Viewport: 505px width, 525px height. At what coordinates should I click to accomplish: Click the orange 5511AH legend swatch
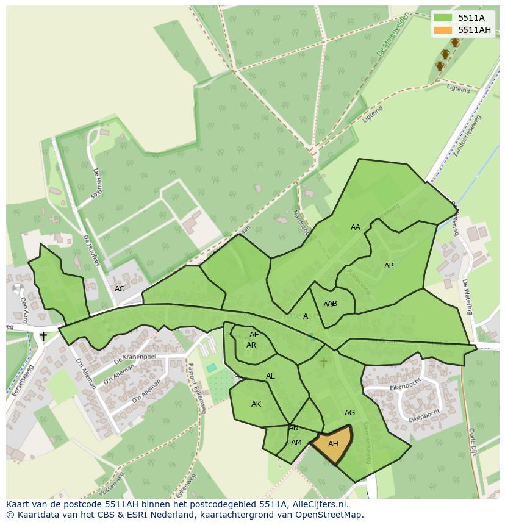(443, 30)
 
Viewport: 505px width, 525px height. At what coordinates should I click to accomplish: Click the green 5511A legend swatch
(443, 18)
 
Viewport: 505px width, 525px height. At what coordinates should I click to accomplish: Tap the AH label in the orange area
(333, 444)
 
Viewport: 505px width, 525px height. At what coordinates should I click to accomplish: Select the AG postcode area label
(349, 413)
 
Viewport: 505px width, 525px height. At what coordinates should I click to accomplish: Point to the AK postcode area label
(256, 404)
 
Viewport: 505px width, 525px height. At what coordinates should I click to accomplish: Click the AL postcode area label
(270, 376)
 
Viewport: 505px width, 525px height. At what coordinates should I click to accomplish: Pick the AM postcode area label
(296, 443)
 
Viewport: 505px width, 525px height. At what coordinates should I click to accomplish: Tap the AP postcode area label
(389, 266)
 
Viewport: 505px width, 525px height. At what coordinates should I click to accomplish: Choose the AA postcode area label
(356, 227)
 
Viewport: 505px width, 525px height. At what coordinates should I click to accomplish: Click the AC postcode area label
(120, 289)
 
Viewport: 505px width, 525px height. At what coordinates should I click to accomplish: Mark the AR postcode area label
(251, 345)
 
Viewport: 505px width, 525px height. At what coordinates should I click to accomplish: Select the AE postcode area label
(254, 335)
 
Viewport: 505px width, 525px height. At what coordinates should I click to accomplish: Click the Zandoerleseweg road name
(468, 135)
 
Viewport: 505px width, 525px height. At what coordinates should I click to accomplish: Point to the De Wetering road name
(467, 296)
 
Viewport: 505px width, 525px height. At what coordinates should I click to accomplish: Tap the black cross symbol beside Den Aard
(43, 336)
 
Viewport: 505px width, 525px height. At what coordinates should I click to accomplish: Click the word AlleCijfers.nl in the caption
(321, 504)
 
